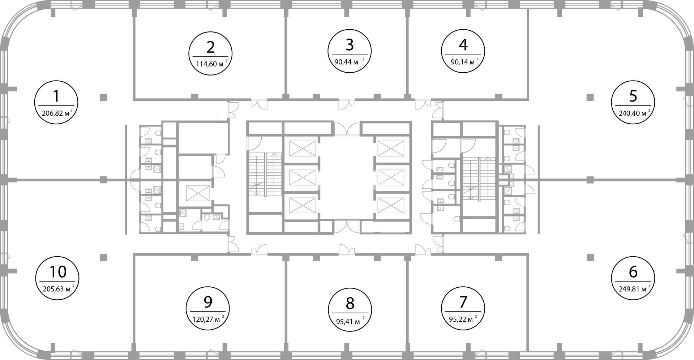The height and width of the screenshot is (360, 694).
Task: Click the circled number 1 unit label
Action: tap(56, 97)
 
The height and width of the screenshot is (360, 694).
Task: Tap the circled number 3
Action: tap(350, 45)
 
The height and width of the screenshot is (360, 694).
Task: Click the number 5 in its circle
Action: tap(633, 97)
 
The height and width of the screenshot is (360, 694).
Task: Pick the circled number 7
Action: tap(463, 302)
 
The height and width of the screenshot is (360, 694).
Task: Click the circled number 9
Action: tap(208, 302)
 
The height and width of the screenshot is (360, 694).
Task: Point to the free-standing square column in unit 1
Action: tap(103, 97)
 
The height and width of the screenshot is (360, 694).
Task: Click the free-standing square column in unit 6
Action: tap(590, 257)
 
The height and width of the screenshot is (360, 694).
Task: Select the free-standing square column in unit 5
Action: tap(590, 97)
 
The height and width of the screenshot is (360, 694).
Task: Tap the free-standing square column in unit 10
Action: tap(103, 257)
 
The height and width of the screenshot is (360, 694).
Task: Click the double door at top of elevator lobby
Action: tap(347, 129)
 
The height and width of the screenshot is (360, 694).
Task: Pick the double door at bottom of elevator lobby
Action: tap(347, 226)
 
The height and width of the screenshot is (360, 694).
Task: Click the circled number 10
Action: tap(58, 272)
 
